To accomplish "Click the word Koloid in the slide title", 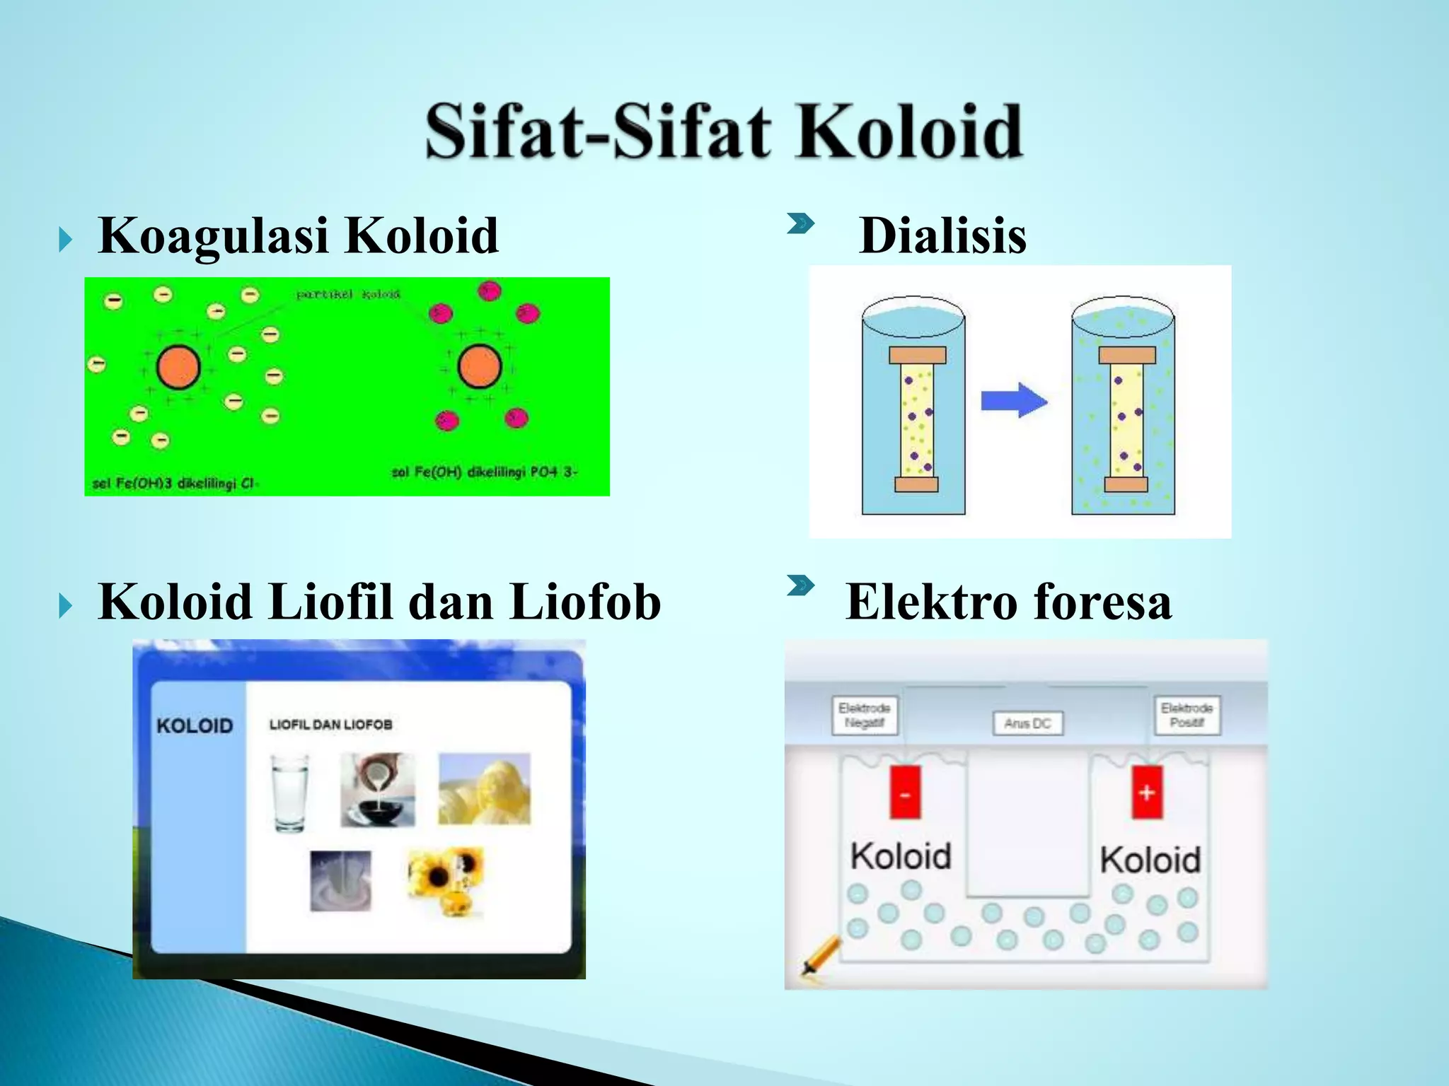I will point(909,132).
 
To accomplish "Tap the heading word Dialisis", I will point(942,235).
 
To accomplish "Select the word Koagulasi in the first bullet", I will point(213,235).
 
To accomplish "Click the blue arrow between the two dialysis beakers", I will point(1014,401).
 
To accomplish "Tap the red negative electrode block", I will point(905,792).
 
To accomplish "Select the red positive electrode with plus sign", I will point(1147,792).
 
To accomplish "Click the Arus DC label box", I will point(1027,723).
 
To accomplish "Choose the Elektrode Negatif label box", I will point(864,715).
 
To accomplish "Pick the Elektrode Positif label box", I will point(1187,715).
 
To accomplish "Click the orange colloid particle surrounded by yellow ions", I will point(178,368).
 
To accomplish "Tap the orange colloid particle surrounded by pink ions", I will point(480,366).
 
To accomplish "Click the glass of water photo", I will point(290,792).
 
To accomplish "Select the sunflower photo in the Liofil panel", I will point(445,880).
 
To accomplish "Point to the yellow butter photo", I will point(484,789).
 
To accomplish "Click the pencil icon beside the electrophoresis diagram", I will point(821,955).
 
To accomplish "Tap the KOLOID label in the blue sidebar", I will point(195,726).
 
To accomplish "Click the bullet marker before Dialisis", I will point(800,225).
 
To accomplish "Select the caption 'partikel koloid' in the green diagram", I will point(348,294).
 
